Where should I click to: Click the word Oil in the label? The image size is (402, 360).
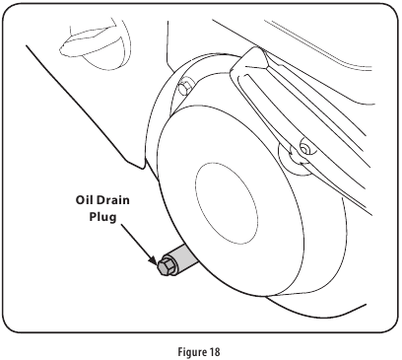point(88,197)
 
